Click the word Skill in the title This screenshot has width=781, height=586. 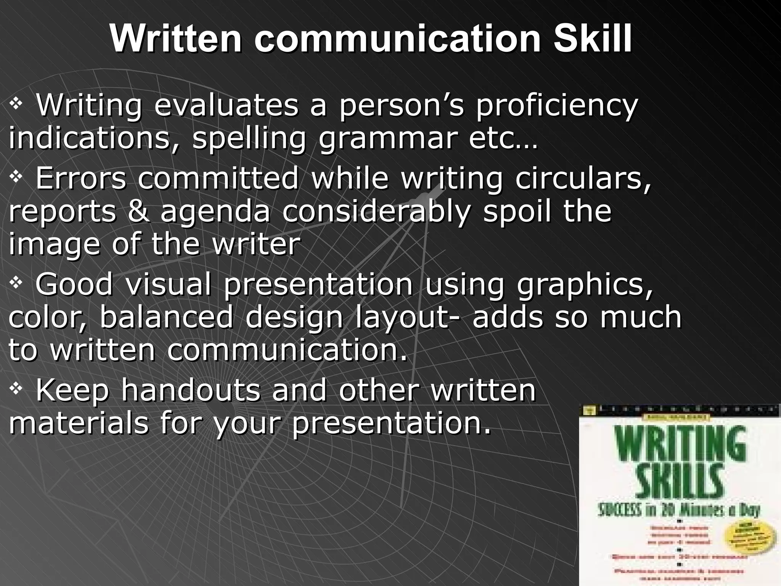(592, 39)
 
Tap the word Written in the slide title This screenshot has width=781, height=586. (175, 39)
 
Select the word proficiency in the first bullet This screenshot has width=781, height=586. (556, 106)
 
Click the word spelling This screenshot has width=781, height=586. (249, 138)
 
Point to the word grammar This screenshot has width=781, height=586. (387, 138)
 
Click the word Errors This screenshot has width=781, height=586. (80, 178)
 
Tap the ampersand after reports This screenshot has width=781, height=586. (138, 212)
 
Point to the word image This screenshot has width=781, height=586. (54, 245)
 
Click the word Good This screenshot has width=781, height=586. (74, 284)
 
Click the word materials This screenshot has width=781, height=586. (79, 423)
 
